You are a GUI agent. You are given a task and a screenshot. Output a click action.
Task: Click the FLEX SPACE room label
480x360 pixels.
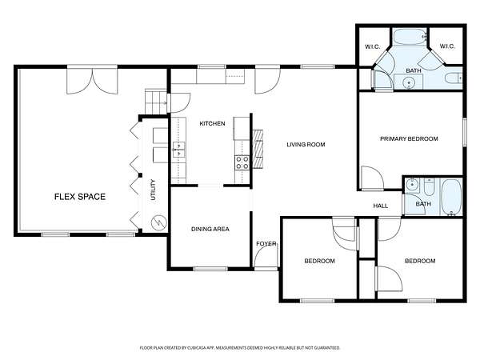click(80, 197)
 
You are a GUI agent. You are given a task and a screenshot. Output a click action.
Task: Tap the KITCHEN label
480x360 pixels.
click(212, 124)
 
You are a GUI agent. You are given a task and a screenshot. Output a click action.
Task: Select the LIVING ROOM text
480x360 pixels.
click(306, 145)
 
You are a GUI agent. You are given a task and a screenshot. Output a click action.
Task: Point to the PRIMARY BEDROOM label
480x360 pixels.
click(409, 138)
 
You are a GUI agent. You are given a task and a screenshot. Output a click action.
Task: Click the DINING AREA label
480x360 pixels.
click(210, 229)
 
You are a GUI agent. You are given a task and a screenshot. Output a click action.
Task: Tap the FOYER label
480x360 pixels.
click(266, 244)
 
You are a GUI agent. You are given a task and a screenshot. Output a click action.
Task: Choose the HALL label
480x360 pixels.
click(381, 206)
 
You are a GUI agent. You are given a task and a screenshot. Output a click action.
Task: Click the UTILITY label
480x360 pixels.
click(154, 190)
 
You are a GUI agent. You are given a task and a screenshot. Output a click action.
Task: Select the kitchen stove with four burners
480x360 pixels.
click(242, 162)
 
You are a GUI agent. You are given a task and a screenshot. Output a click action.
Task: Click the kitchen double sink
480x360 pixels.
click(178, 150)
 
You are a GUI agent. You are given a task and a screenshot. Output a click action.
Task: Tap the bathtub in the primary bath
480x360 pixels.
click(410, 37)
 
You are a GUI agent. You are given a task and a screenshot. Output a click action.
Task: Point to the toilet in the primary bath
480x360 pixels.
click(454, 78)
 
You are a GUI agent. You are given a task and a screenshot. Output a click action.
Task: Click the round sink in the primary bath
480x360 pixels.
click(408, 82)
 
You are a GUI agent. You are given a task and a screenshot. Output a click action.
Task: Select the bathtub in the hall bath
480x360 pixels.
click(451, 197)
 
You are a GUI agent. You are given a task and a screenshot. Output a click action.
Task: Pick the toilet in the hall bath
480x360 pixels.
click(429, 187)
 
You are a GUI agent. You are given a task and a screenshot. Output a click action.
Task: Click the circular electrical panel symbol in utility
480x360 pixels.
click(159, 222)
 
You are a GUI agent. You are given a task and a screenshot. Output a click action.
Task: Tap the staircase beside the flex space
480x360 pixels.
click(155, 102)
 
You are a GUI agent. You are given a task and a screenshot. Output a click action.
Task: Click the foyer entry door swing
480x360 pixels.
click(266, 257)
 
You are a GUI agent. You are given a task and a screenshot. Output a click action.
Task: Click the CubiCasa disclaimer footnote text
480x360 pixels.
click(240, 348)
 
